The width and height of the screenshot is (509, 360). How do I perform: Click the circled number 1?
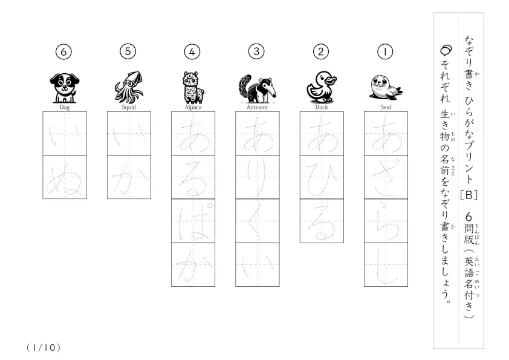click(385, 51)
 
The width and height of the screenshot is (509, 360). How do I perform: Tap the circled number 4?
click(192, 51)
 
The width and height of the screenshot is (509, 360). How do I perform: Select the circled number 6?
click(63, 51)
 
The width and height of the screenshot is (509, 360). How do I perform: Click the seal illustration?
click(386, 87)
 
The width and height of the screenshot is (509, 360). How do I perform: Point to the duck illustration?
click(322, 87)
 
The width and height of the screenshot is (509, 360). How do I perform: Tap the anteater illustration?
click(258, 89)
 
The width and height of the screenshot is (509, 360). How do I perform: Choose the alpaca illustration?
click(193, 87)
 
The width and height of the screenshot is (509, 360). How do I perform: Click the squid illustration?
click(129, 87)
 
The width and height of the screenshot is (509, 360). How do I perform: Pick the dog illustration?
click(65, 88)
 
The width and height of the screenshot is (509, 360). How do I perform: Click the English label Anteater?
click(258, 107)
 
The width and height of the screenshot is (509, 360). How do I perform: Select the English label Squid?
click(129, 107)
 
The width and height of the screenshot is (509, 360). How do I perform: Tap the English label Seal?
click(386, 107)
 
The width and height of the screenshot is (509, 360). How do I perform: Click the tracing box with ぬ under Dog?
click(65, 177)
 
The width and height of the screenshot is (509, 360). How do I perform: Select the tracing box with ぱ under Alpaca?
click(193, 221)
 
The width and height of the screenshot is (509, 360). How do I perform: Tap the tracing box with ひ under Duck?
click(322, 177)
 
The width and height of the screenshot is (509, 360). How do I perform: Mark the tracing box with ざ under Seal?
click(386, 177)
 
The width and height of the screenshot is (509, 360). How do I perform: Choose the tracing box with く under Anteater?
click(258, 221)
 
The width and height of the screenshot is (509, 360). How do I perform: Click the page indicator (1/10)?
click(44, 348)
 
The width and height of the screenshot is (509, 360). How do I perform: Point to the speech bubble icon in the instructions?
click(446, 50)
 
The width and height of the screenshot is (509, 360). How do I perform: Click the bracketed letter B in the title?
click(468, 195)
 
